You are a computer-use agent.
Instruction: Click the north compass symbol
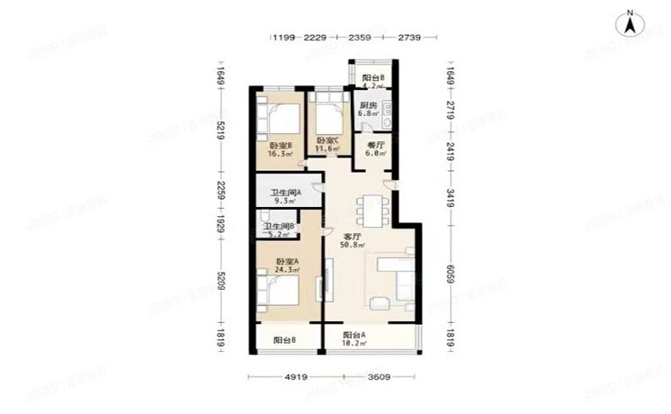(632, 22)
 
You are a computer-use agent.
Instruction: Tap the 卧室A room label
(286, 262)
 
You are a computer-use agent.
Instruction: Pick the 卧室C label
(327, 140)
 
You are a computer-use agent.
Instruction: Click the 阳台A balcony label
(353, 335)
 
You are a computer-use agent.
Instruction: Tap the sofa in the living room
(394, 279)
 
